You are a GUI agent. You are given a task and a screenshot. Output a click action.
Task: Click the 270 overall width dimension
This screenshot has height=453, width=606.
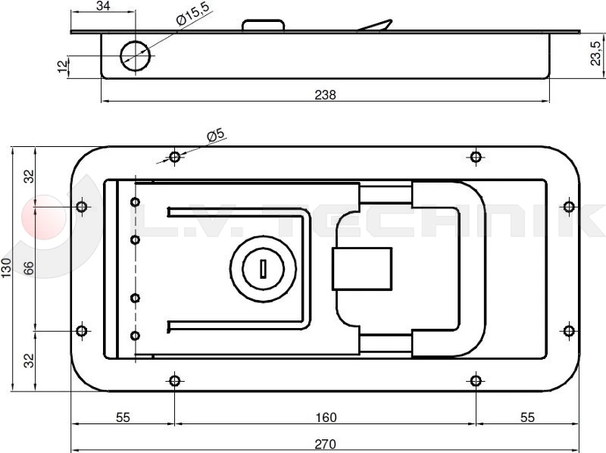pos(325,445)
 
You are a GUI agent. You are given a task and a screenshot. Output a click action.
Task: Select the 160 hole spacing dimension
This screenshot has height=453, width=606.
pos(325,417)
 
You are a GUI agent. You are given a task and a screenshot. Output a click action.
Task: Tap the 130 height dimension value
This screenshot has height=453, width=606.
pos(8,267)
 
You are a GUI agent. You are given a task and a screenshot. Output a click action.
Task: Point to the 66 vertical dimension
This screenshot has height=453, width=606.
pos(29,267)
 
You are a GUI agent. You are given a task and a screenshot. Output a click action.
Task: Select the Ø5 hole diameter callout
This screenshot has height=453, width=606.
pos(216,135)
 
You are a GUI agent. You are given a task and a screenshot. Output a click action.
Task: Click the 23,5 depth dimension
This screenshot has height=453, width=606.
pos(597,55)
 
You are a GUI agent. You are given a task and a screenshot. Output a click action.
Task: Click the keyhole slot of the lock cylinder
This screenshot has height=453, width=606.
pos(261,268)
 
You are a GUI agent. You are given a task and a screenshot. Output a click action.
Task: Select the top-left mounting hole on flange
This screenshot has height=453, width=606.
pos(175,157)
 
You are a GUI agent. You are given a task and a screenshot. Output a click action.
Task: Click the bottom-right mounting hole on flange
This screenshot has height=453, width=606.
pos(476,380)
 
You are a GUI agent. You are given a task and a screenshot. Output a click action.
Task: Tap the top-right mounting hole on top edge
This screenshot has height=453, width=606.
pos(476,157)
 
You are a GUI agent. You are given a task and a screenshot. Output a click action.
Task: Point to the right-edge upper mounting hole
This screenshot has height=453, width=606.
pos(569,206)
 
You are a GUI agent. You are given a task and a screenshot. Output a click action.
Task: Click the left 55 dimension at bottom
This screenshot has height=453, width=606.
pos(123,417)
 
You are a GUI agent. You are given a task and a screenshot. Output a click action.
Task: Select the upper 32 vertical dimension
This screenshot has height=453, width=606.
pos(29,177)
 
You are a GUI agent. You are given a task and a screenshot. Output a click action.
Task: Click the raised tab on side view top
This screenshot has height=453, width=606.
pos(264,25)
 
